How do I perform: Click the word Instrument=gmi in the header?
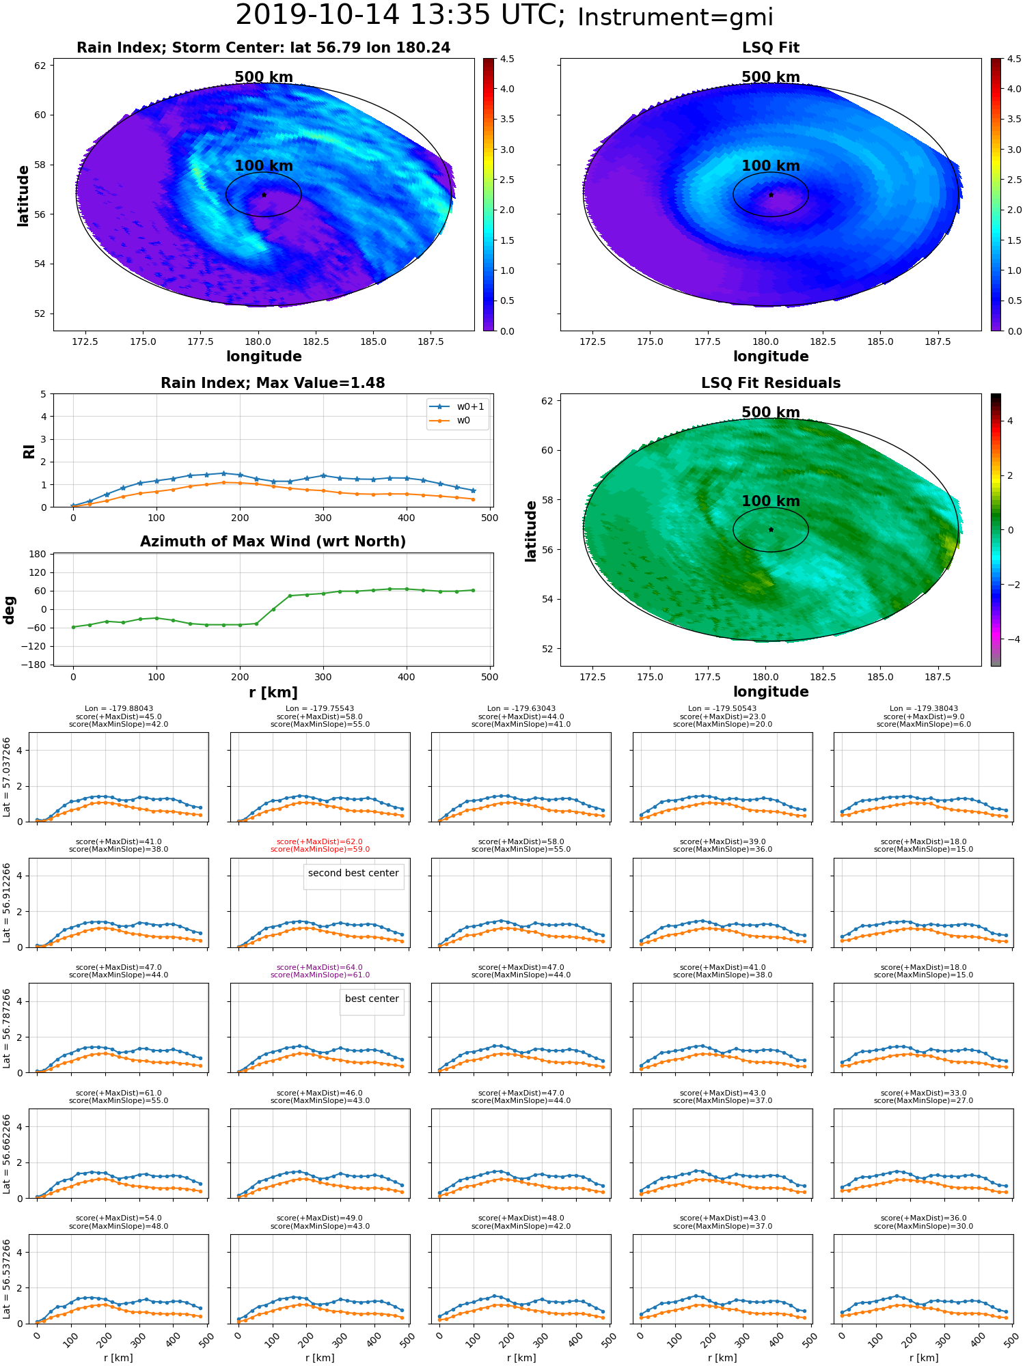pyautogui.click(x=675, y=18)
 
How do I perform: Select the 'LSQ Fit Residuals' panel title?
pyautogui.click(x=771, y=383)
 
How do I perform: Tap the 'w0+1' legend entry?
pyautogui.click(x=457, y=407)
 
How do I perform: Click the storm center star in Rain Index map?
pyautogui.click(x=264, y=195)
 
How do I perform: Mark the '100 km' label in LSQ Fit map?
pyautogui.click(x=771, y=166)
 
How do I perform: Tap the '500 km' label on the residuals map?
pyautogui.click(x=771, y=413)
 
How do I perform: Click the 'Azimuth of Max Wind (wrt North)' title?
pyautogui.click(x=273, y=542)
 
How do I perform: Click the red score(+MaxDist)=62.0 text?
pyautogui.click(x=320, y=842)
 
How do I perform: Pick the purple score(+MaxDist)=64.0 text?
pyautogui.click(x=320, y=968)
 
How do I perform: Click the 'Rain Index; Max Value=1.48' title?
pyautogui.click(x=273, y=383)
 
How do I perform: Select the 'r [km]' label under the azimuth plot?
pyautogui.click(x=273, y=693)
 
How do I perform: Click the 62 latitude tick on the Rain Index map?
pyautogui.click(x=40, y=66)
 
